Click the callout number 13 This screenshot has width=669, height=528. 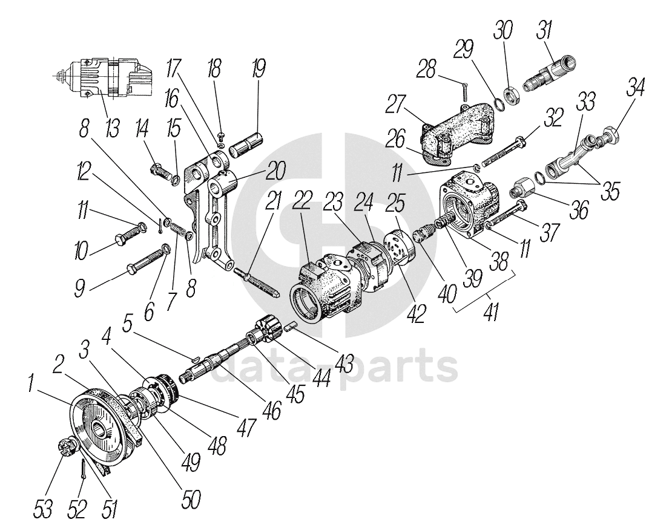112,128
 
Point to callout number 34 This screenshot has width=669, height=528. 635,86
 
